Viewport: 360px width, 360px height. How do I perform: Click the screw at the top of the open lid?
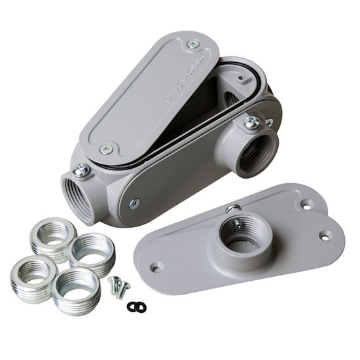[x=192, y=45]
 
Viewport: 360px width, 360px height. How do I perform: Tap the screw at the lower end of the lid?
[x=106, y=149]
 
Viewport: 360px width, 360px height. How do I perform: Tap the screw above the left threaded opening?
[x=81, y=170]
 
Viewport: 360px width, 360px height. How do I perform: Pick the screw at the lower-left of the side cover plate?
[x=134, y=204]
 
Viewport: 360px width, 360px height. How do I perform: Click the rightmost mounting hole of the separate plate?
[x=325, y=235]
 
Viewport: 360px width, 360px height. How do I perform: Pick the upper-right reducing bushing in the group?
[x=91, y=251]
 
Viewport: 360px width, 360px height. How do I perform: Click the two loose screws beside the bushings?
[x=118, y=285]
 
